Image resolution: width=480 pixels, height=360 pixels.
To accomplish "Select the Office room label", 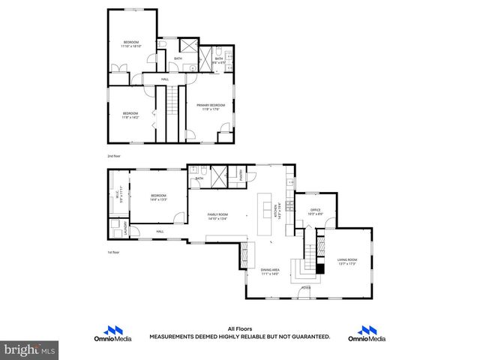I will point(315,212).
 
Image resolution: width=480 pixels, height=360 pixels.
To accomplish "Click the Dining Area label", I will point(270,272).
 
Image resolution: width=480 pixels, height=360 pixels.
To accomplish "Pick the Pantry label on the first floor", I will point(241,174).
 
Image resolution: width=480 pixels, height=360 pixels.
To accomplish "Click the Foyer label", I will point(306,287).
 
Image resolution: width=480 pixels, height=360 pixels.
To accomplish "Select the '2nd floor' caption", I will point(113,156).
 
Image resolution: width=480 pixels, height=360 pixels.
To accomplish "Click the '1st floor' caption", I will point(113,252).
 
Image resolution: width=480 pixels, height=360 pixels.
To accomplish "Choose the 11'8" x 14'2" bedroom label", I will point(130,115).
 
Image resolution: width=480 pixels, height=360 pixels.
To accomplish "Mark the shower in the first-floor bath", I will point(219,175).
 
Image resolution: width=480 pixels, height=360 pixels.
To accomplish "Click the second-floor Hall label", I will point(164,79).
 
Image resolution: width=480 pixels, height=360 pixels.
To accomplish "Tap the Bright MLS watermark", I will point(30,349).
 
